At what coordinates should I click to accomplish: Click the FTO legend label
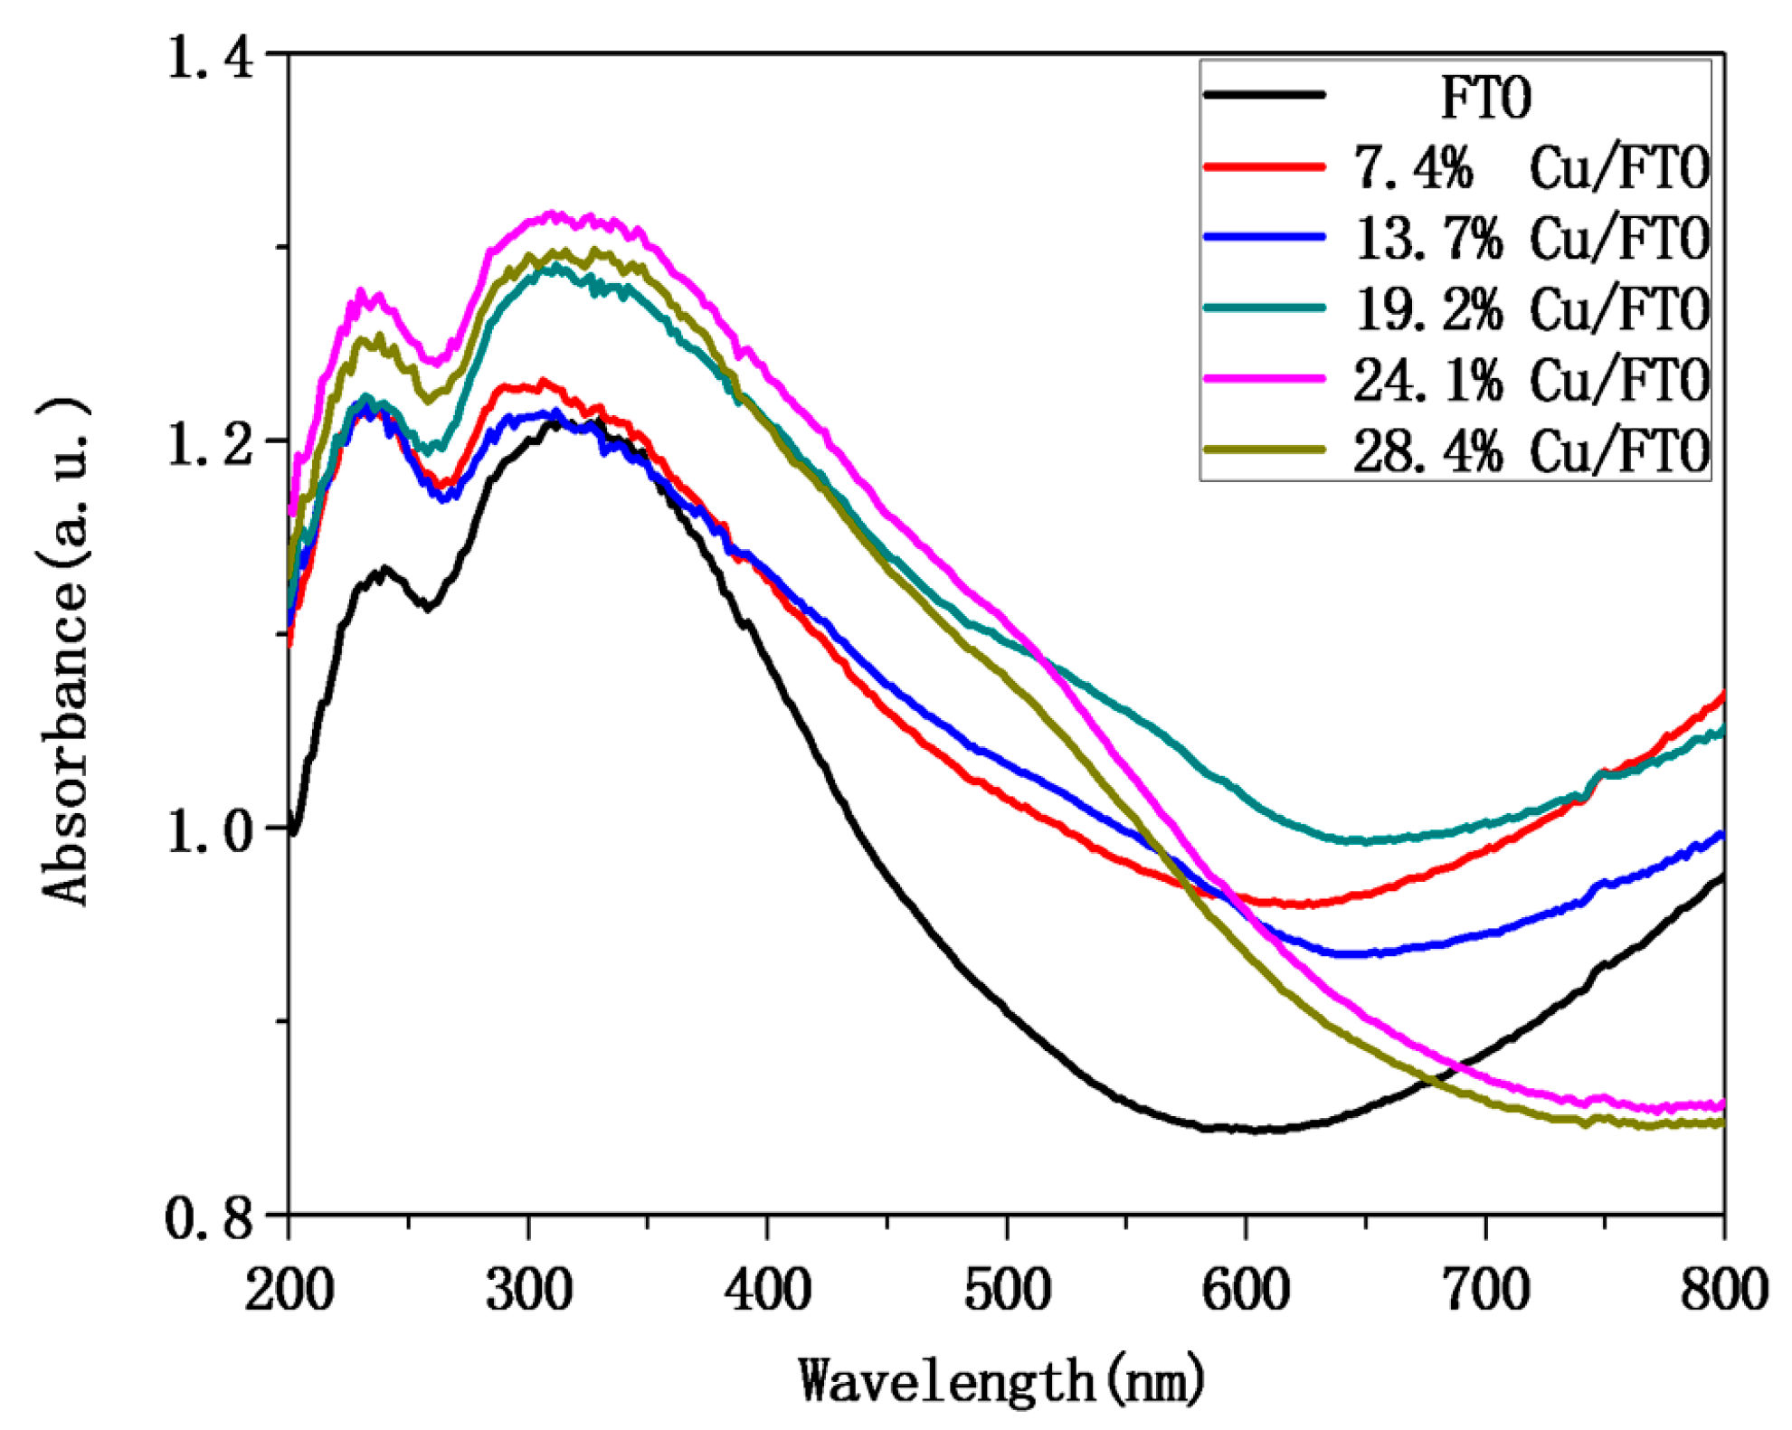point(1485,97)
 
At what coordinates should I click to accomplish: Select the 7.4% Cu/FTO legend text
point(1531,167)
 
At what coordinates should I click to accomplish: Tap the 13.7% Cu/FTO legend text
point(1531,239)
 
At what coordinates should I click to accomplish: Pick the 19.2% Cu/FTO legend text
point(1531,309)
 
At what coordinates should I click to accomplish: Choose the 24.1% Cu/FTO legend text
point(1531,380)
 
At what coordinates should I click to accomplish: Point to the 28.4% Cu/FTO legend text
point(1531,450)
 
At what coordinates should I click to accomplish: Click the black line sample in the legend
point(1265,94)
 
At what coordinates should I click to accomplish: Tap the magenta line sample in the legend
point(1265,378)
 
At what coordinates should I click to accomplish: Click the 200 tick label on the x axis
point(289,1289)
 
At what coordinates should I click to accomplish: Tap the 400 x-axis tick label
point(767,1289)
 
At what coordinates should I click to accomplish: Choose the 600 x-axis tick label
point(1246,1289)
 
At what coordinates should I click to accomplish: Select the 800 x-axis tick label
point(1723,1289)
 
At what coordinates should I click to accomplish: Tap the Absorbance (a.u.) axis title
point(65,651)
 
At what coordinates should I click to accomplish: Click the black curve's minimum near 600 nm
point(1257,1129)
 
